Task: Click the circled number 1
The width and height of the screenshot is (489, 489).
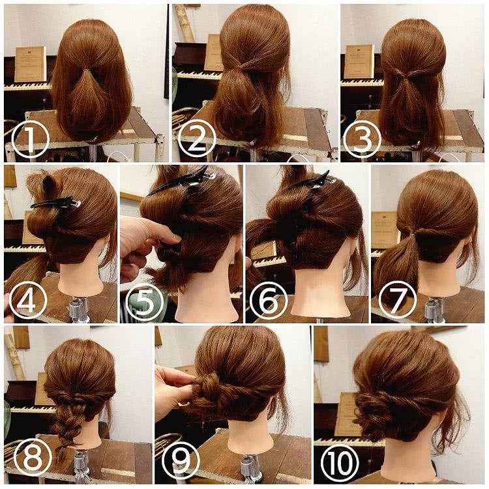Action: coord(30,140)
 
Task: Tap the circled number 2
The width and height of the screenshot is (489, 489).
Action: coord(197,140)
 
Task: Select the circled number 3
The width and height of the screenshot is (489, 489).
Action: coord(363,140)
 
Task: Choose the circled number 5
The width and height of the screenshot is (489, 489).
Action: coord(145,302)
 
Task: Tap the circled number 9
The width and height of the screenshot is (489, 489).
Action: coord(181,460)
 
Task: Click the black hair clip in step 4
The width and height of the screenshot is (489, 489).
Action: coord(56,202)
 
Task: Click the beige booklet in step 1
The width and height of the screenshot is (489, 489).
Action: coord(30,64)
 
